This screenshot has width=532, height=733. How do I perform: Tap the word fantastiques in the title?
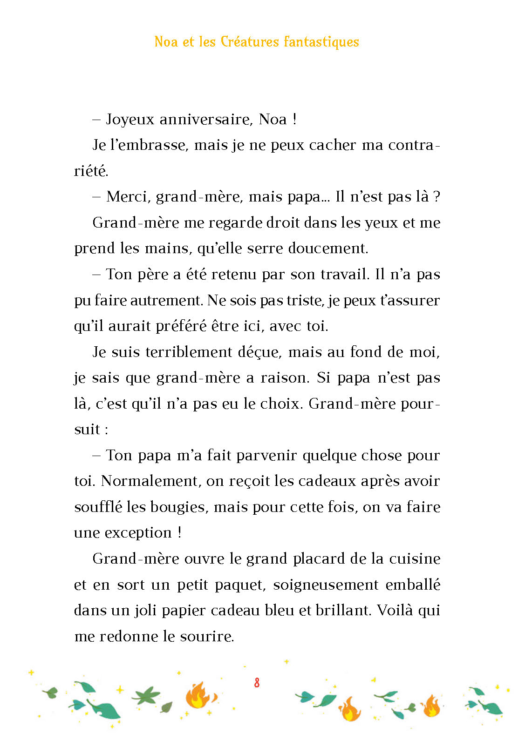pyautogui.click(x=321, y=42)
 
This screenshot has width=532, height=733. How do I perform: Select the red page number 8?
pyautogui.click(x=257, y=683)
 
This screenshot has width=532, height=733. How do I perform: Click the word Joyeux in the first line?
pyautogui.click(x=130, y=120)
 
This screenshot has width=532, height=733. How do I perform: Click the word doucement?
pyautogui.click(x=328, y=248)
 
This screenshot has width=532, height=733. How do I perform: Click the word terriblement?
pyautogui.click(x=189, y=352)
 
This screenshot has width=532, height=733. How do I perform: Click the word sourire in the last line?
pyautogui.click(x=205, y=636)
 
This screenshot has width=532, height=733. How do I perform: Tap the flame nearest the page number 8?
pyautogui.click(x=200, y=696)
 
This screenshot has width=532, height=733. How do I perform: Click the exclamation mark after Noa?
pyautogui.click(x=295, y=120)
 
